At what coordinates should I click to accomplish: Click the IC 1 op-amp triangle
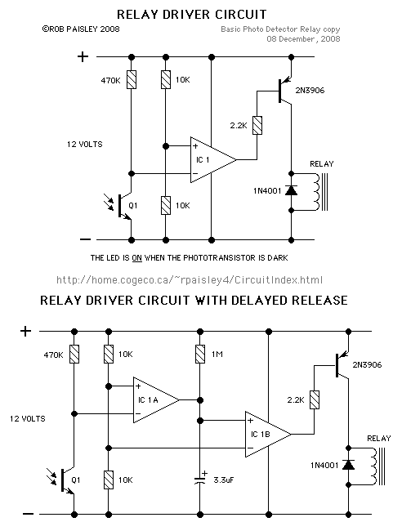tap(213, 159)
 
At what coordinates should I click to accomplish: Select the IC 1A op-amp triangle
tap(156, 399)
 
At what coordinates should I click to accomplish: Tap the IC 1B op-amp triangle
tap(268, 434)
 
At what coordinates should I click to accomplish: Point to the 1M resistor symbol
tap(200, 355)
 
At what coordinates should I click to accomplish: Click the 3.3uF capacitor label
tap(224, 480)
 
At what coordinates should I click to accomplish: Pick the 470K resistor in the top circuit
tap(132, 80)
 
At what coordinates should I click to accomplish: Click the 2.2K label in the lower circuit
tap(296, 399)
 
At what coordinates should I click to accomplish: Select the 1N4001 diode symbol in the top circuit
tap(292, 190)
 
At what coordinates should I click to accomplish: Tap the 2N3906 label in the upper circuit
tap(310, 90)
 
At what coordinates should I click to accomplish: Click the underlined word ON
tap(137, 258)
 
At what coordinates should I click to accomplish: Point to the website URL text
tap(190, 279)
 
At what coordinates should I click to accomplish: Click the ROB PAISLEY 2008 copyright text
tap(81, 29)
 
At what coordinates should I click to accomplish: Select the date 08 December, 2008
tap(303, 39)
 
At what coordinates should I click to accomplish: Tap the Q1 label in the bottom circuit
tap(76, 480)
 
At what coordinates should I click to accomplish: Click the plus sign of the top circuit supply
tap(83, 56)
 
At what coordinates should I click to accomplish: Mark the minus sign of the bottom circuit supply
tap(28, 514)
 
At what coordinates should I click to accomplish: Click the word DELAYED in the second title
tap(259, 301)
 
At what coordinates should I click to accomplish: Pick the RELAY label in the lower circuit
tap(379, 438)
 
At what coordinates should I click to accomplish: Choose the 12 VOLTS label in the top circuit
tap(85, 144)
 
